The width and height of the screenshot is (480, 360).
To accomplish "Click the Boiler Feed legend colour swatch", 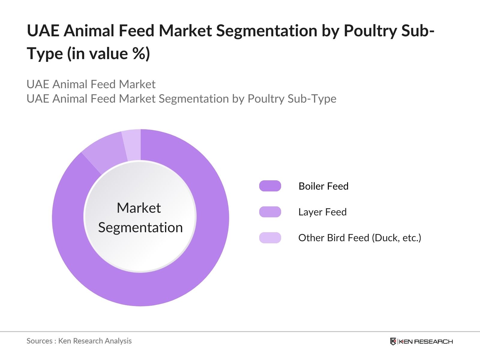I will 270,186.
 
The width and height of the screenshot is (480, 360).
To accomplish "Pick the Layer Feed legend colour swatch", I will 270,212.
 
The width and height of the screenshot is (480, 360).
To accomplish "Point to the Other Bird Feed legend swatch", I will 270,238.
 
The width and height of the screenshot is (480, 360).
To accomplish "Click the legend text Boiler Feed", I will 323,186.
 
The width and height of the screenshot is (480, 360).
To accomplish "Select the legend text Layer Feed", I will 322,212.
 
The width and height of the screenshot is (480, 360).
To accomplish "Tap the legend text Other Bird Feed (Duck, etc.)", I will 359,238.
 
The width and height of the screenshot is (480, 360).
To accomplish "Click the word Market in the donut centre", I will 139,208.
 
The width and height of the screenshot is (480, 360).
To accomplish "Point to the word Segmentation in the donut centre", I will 140,227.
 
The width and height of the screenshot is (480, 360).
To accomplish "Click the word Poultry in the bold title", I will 370,31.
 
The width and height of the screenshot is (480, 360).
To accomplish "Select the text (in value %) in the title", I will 108,54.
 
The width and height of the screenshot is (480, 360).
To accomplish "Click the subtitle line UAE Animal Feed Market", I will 91,84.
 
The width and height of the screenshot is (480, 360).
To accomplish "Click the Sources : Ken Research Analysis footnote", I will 79,341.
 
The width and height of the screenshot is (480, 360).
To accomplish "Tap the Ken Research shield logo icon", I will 393,341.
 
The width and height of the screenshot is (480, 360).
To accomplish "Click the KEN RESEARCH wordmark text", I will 426,342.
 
